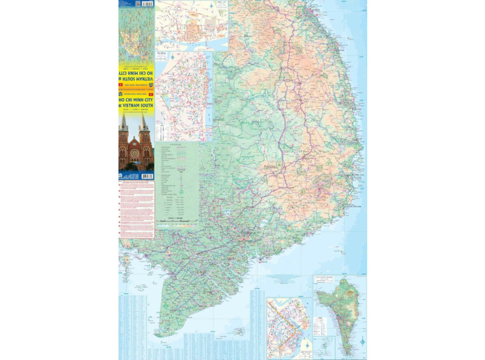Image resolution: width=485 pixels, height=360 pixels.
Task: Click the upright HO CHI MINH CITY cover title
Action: click(136, 99)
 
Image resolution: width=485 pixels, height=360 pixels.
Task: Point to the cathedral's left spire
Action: click(125, 125)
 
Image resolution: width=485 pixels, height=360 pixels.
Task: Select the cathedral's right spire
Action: click(144, 125)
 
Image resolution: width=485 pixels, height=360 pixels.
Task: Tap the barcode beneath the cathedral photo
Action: click(146, 177)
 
